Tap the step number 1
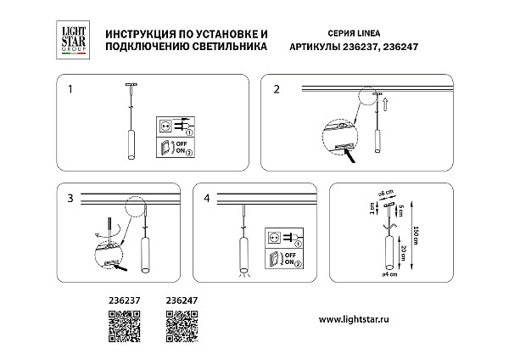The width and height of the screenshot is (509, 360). (x=71, y=88)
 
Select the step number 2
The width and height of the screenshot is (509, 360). (x=276, y=88)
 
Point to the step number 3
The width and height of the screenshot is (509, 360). (x=71, y=199)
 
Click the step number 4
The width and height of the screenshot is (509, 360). (x=207, y=199)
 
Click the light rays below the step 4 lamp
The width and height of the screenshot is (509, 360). (x=245, y=274)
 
